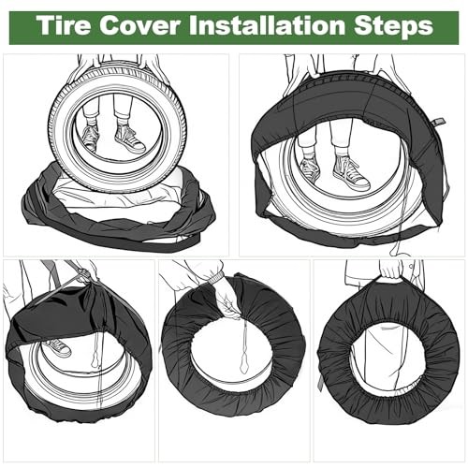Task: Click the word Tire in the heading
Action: (x=65, y=25)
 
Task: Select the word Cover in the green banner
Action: (x=139, y=25)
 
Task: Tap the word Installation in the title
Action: (x=267, y=25)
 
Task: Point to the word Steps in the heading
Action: (x=393, y=27)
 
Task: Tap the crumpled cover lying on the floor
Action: (x=118, y=212)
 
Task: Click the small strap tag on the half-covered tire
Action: (x=438, y=123)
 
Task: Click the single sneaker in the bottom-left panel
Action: (x=58, y=348)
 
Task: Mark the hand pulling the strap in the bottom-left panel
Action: (x=87, y=271)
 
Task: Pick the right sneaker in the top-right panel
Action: (x=351, y=172)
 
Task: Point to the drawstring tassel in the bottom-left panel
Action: (x=95, y=361)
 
